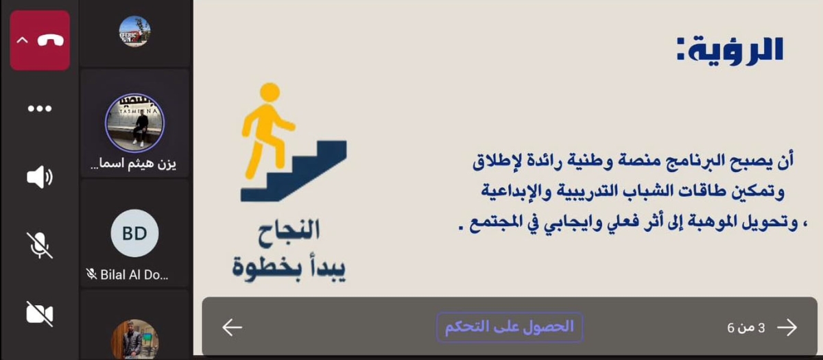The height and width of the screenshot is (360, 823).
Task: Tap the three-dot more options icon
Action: click(40, 109)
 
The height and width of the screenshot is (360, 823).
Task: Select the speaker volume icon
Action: click(40, 178)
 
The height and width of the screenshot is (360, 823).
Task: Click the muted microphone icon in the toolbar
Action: click(40, 245)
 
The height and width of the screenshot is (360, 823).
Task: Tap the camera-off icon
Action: click(40, 313)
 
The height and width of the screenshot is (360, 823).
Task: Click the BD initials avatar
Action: click(134, 233)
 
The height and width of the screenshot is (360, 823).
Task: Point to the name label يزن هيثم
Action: click(134, 165)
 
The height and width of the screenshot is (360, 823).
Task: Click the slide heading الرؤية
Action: click(730, 49)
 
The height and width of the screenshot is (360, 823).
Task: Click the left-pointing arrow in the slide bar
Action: click(232, 328)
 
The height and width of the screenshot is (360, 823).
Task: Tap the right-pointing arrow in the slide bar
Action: click(787, 328)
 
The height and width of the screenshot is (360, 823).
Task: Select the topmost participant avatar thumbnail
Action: click(134, 31)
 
